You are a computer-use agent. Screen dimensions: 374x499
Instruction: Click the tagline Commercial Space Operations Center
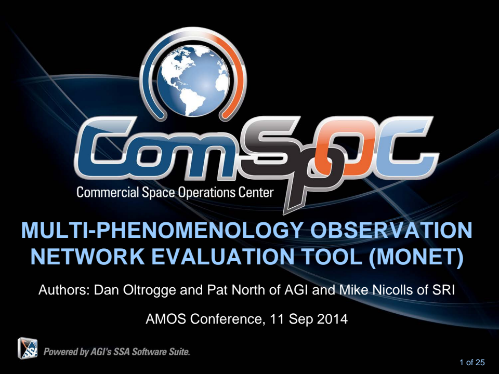(175, 193)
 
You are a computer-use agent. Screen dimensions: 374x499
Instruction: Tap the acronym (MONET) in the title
(417, 257)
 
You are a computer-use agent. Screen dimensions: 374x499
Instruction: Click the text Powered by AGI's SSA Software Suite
(116, 352)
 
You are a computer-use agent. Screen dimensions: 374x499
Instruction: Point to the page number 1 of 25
(471, 363)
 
